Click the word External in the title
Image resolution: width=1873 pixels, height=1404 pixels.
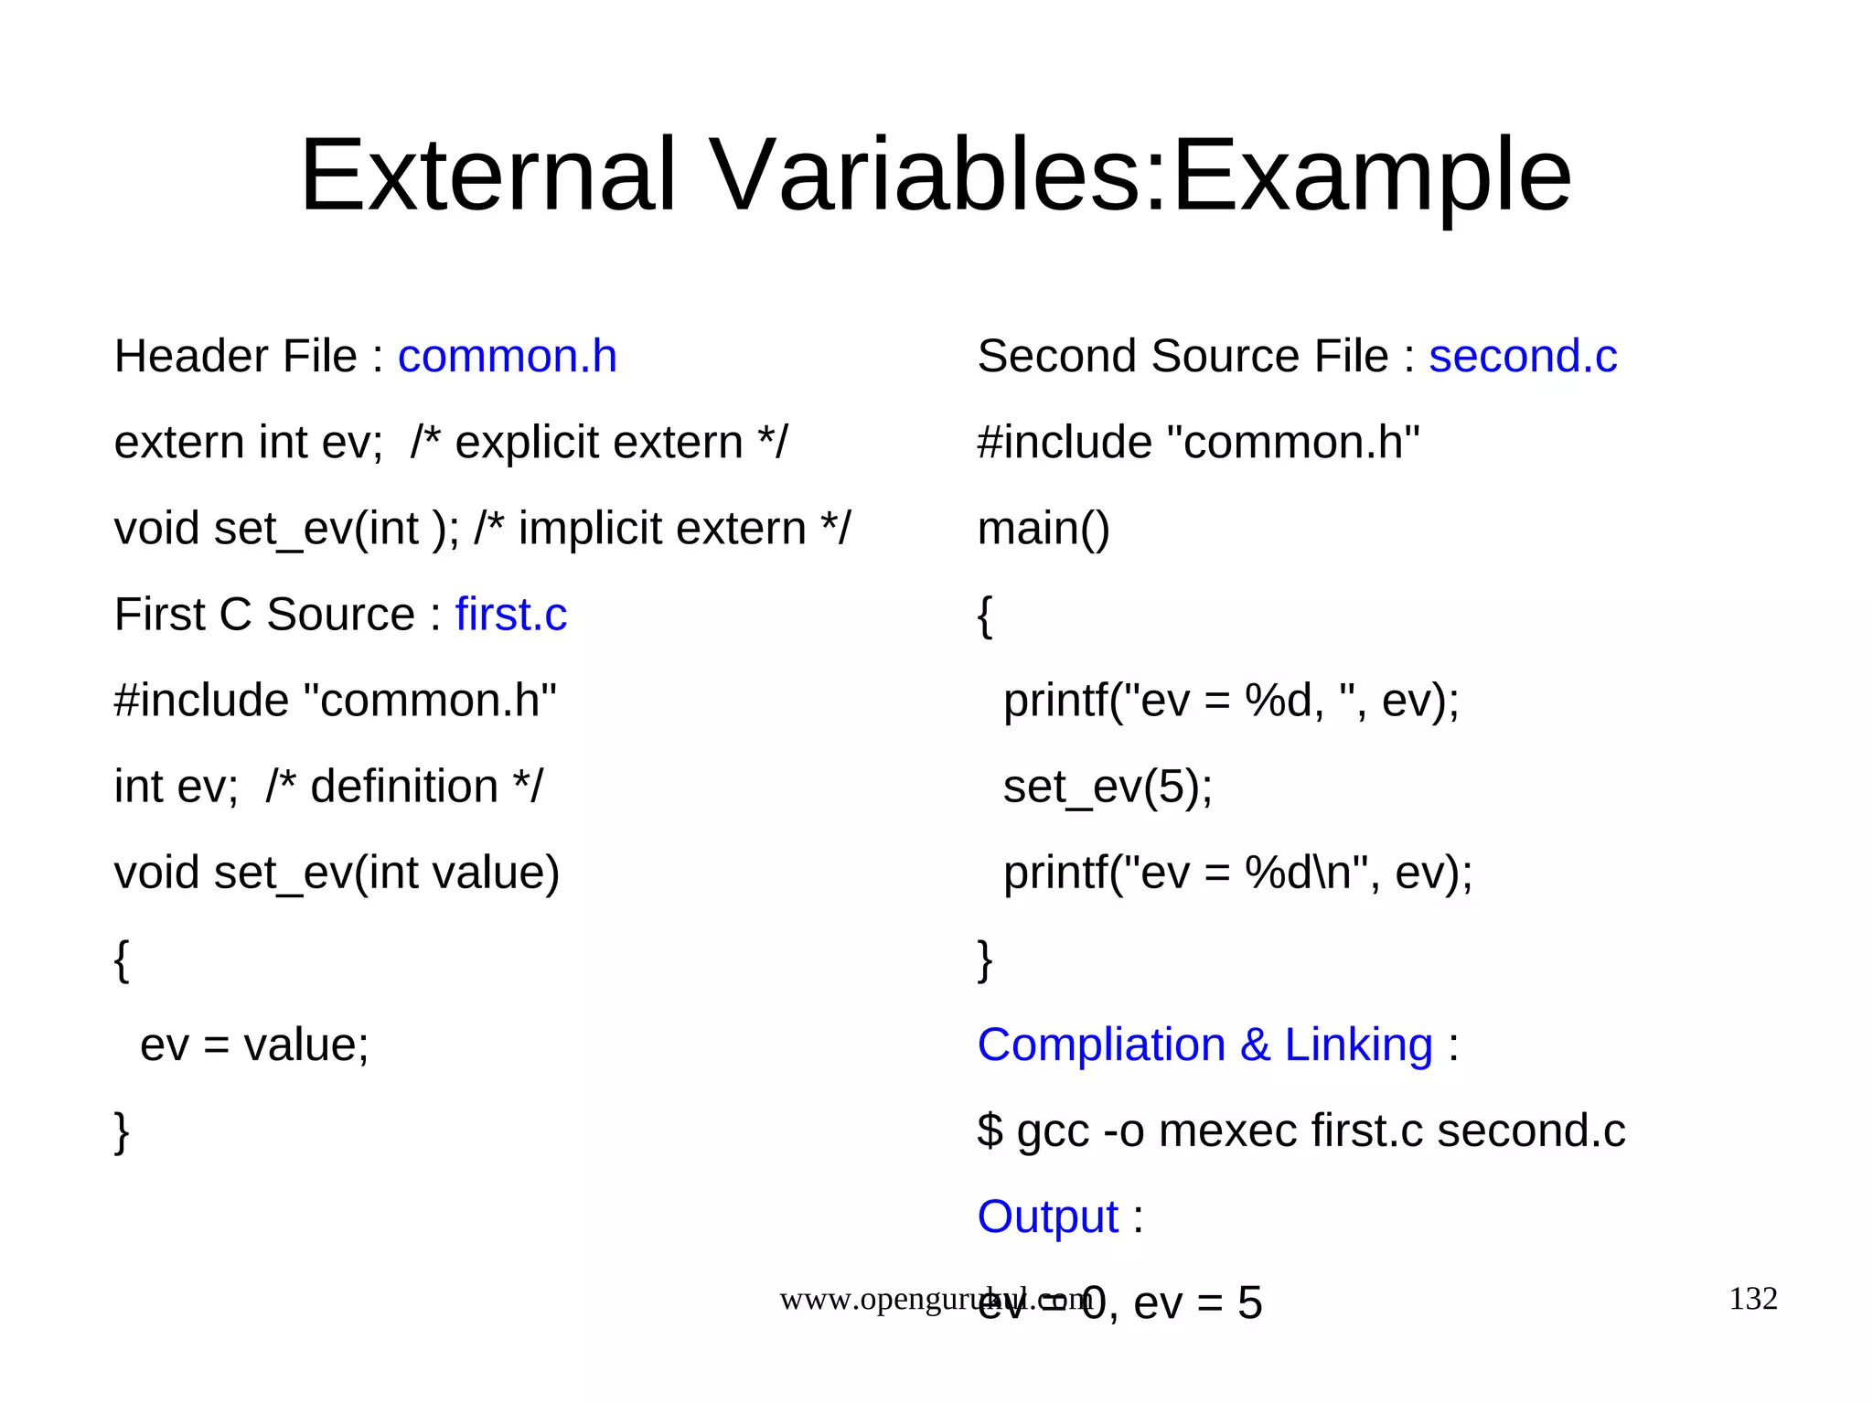click(x=487, y=175)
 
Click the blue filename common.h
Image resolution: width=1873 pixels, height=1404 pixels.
click(x=507, y=356)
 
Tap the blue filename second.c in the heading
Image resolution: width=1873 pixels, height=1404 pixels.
click(x=1523, y=356)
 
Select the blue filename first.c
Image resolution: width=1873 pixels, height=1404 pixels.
click(x=510, y=614)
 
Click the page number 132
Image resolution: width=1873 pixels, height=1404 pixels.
click(x=1752, y=1298)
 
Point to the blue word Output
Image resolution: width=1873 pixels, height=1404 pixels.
click(x=1047, y=1216)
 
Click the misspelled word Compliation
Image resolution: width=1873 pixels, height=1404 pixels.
click(x=1100, y=1045)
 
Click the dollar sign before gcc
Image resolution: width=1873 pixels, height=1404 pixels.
click(x=990, y=1131)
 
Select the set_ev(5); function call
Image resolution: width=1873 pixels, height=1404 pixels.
click(x=1108, y=787)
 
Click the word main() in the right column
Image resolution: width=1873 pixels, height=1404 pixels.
click(x=1043, y=529)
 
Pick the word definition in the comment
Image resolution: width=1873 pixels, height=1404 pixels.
click(x=403, y=787)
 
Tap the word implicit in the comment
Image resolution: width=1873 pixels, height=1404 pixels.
click(x=589, y=529)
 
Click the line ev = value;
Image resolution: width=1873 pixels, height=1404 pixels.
click(x=254, y=1045)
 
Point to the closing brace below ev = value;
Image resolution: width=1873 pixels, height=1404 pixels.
click(x=122, y=1131)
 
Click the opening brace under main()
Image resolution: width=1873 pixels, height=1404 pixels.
click(x=984, y=616)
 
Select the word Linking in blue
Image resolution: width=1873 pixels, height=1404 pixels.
click(x=1358, y=1045)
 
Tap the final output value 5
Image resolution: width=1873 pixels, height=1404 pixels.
click(x=1249, y=1302)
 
